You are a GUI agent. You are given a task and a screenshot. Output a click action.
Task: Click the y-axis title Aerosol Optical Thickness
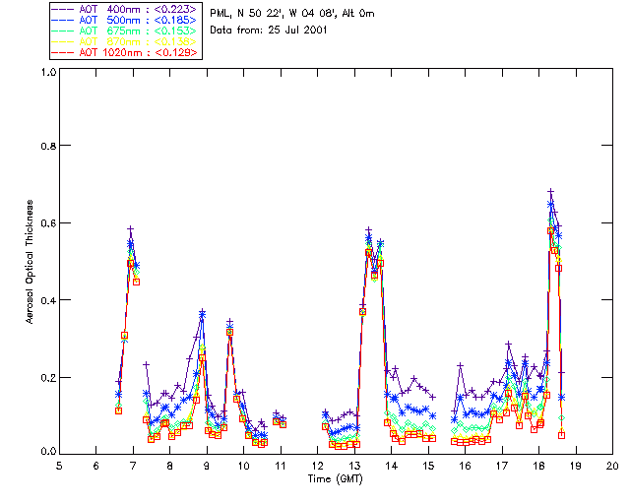coord(31,262)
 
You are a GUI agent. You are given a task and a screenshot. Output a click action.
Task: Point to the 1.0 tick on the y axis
coord(47,72)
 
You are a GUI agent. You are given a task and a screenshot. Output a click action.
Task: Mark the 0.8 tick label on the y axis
coord(47,146)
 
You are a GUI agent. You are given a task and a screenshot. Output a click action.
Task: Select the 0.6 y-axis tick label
coord(47,222)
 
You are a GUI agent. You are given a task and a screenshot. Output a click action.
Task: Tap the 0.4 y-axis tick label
coord(47,299)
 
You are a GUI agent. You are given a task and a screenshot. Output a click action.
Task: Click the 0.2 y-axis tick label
coord(47,377)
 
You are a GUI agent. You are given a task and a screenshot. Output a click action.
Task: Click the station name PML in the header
coord(220,13)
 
